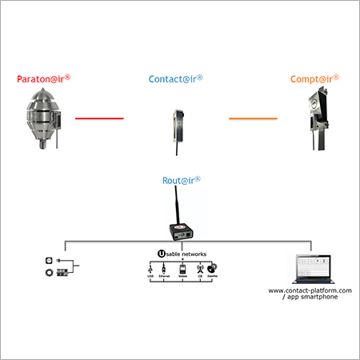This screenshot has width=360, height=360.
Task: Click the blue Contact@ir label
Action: pyautogui.click(x=175, y=79)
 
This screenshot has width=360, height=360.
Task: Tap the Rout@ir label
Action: pyautogui.click(x=180, y=182)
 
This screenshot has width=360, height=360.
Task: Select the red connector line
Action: pyautogui.click(x=99, y=118)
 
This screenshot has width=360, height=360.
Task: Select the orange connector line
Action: pyautogui.click(x=254, y=118)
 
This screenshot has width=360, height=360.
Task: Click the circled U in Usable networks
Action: pyautogui.click(x=160, y=254)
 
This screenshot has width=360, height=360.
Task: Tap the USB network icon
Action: pyautogui.click(x=150, y=271)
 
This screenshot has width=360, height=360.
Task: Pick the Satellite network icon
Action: pyautogui.click(x=210, y=271)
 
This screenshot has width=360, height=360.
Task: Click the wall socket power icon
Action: pyautogui.click(x=50, y=261)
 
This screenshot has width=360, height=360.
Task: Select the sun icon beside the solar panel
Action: pyautogui.click(x=50, y=274)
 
